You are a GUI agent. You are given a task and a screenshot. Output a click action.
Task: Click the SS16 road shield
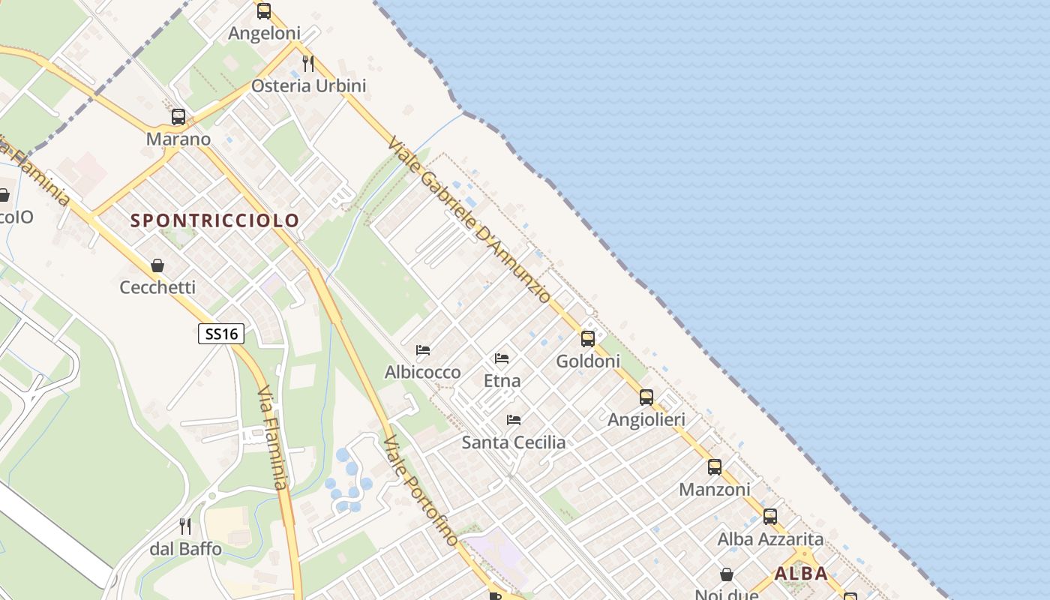[221, 334]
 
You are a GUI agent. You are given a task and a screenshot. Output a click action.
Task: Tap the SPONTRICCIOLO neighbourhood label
[215, 220]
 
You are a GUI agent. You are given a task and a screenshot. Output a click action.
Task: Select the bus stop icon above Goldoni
[588, 339]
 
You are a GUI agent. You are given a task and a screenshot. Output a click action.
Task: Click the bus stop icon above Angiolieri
[646, 397]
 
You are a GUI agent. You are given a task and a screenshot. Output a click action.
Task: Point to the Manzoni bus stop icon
[714, 467]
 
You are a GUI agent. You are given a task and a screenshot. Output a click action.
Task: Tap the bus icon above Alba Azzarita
[769, 517]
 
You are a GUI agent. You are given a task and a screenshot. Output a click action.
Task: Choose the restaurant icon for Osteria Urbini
[308, 63]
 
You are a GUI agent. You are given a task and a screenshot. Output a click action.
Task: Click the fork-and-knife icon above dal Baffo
[185, 526]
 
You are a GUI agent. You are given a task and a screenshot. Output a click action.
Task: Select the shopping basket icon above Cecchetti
[157, 265]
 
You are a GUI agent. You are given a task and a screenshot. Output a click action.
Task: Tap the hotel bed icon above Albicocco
[423, 350]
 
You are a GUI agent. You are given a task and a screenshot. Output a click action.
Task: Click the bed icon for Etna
[502, 358]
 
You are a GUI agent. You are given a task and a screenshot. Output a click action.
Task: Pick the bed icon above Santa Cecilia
[514, 420]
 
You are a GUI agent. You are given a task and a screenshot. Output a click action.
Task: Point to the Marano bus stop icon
[178, 117]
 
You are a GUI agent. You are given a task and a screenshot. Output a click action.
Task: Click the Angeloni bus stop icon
[263, 11]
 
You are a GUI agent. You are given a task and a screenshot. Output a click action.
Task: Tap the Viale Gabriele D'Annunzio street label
[469, 219]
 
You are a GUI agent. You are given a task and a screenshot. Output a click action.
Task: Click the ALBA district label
[801, 574]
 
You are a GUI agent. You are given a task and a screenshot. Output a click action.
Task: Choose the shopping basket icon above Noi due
[726, 575]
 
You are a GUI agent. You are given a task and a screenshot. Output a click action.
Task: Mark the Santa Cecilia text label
[514, 442]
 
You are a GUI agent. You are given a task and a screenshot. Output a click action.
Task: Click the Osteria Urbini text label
[308, 85]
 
